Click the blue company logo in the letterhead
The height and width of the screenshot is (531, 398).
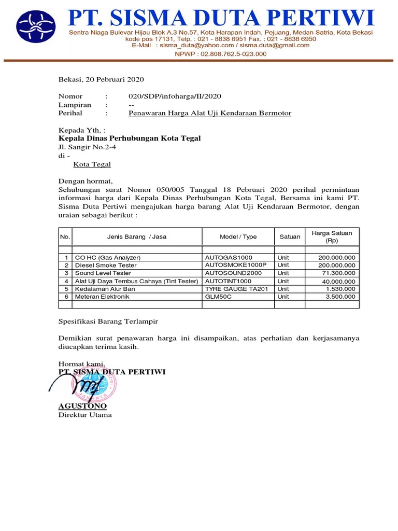pyautogui.click(x=38, y=29)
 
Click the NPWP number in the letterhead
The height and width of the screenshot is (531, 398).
pyautogui.click(x=220, y=54)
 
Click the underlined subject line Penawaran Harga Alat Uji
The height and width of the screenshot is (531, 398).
pyautogui.click(x=210, y=113)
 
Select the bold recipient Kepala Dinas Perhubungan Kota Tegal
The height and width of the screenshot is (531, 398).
pyautogui.click(x=130, y=138)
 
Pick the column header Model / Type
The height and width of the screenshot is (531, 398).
pyautogui.click(x=238, y=237)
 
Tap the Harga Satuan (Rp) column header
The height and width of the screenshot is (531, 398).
pyautogui.click(x=332, y=237)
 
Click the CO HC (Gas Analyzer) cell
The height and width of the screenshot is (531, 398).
pyautogui.click(x=108, y=257)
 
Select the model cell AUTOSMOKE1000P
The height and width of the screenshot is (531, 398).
pyautogui.click(x=235, y=265)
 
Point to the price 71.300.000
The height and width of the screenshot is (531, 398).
pyautogui.click(x=337, y=273)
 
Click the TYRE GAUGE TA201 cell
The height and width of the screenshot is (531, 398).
pyautogui.click(x=236, y=289)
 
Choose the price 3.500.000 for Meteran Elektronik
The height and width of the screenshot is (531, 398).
pyautogui.click(x=340, y=297)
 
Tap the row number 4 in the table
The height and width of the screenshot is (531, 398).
pyautogui.click(x=66, y=281)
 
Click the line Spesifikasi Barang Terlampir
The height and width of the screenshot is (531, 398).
pyautogui.click(x=108, y=322)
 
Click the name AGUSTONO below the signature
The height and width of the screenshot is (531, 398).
pyautogui.click(x=82, y=406)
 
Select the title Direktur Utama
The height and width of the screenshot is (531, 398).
pyautogui.click(x=85, y=415)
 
